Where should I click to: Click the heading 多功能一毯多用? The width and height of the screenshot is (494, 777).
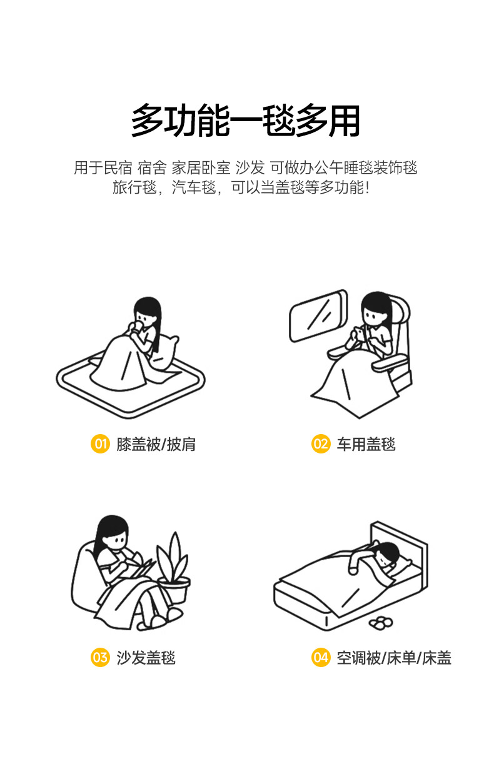(246, 120)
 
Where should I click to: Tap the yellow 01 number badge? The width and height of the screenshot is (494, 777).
(100, 443)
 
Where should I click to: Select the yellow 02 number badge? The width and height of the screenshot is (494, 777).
(320, 443)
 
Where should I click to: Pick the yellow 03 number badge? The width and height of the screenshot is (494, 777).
(100, 657)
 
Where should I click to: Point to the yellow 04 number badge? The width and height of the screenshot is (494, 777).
(320, 657)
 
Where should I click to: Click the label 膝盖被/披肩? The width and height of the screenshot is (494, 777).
(156, 444)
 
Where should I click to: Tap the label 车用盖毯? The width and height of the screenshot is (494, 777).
(366, 444)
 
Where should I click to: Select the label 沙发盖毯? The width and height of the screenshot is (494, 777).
(146, 658)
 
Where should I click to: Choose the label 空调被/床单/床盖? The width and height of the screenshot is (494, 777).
(394, 658)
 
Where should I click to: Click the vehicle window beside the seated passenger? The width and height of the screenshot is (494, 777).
(318, 315)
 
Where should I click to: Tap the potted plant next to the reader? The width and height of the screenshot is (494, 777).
(173, 568)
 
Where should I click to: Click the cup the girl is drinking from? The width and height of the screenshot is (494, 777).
(136, 327)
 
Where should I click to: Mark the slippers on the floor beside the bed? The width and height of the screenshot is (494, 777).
(381, 623)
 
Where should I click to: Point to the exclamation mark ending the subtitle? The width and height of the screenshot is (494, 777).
(368, 187)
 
